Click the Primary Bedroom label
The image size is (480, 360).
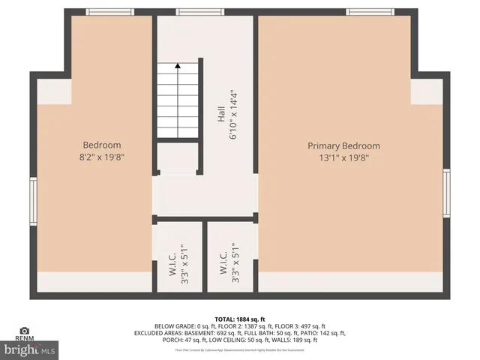[343, 145]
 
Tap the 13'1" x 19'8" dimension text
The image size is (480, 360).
[343, 157]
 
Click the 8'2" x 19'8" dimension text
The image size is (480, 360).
[101, 157]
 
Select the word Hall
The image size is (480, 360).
[221, 114]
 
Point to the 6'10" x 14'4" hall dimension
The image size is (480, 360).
[234, 114]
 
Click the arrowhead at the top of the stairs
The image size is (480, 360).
[178, 66]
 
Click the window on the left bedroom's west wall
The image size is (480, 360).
[33, 200]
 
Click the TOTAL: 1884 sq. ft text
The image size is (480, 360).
[240, 318]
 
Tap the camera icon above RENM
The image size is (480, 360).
[25, 330]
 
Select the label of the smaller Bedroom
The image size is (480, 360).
[101, 145]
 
